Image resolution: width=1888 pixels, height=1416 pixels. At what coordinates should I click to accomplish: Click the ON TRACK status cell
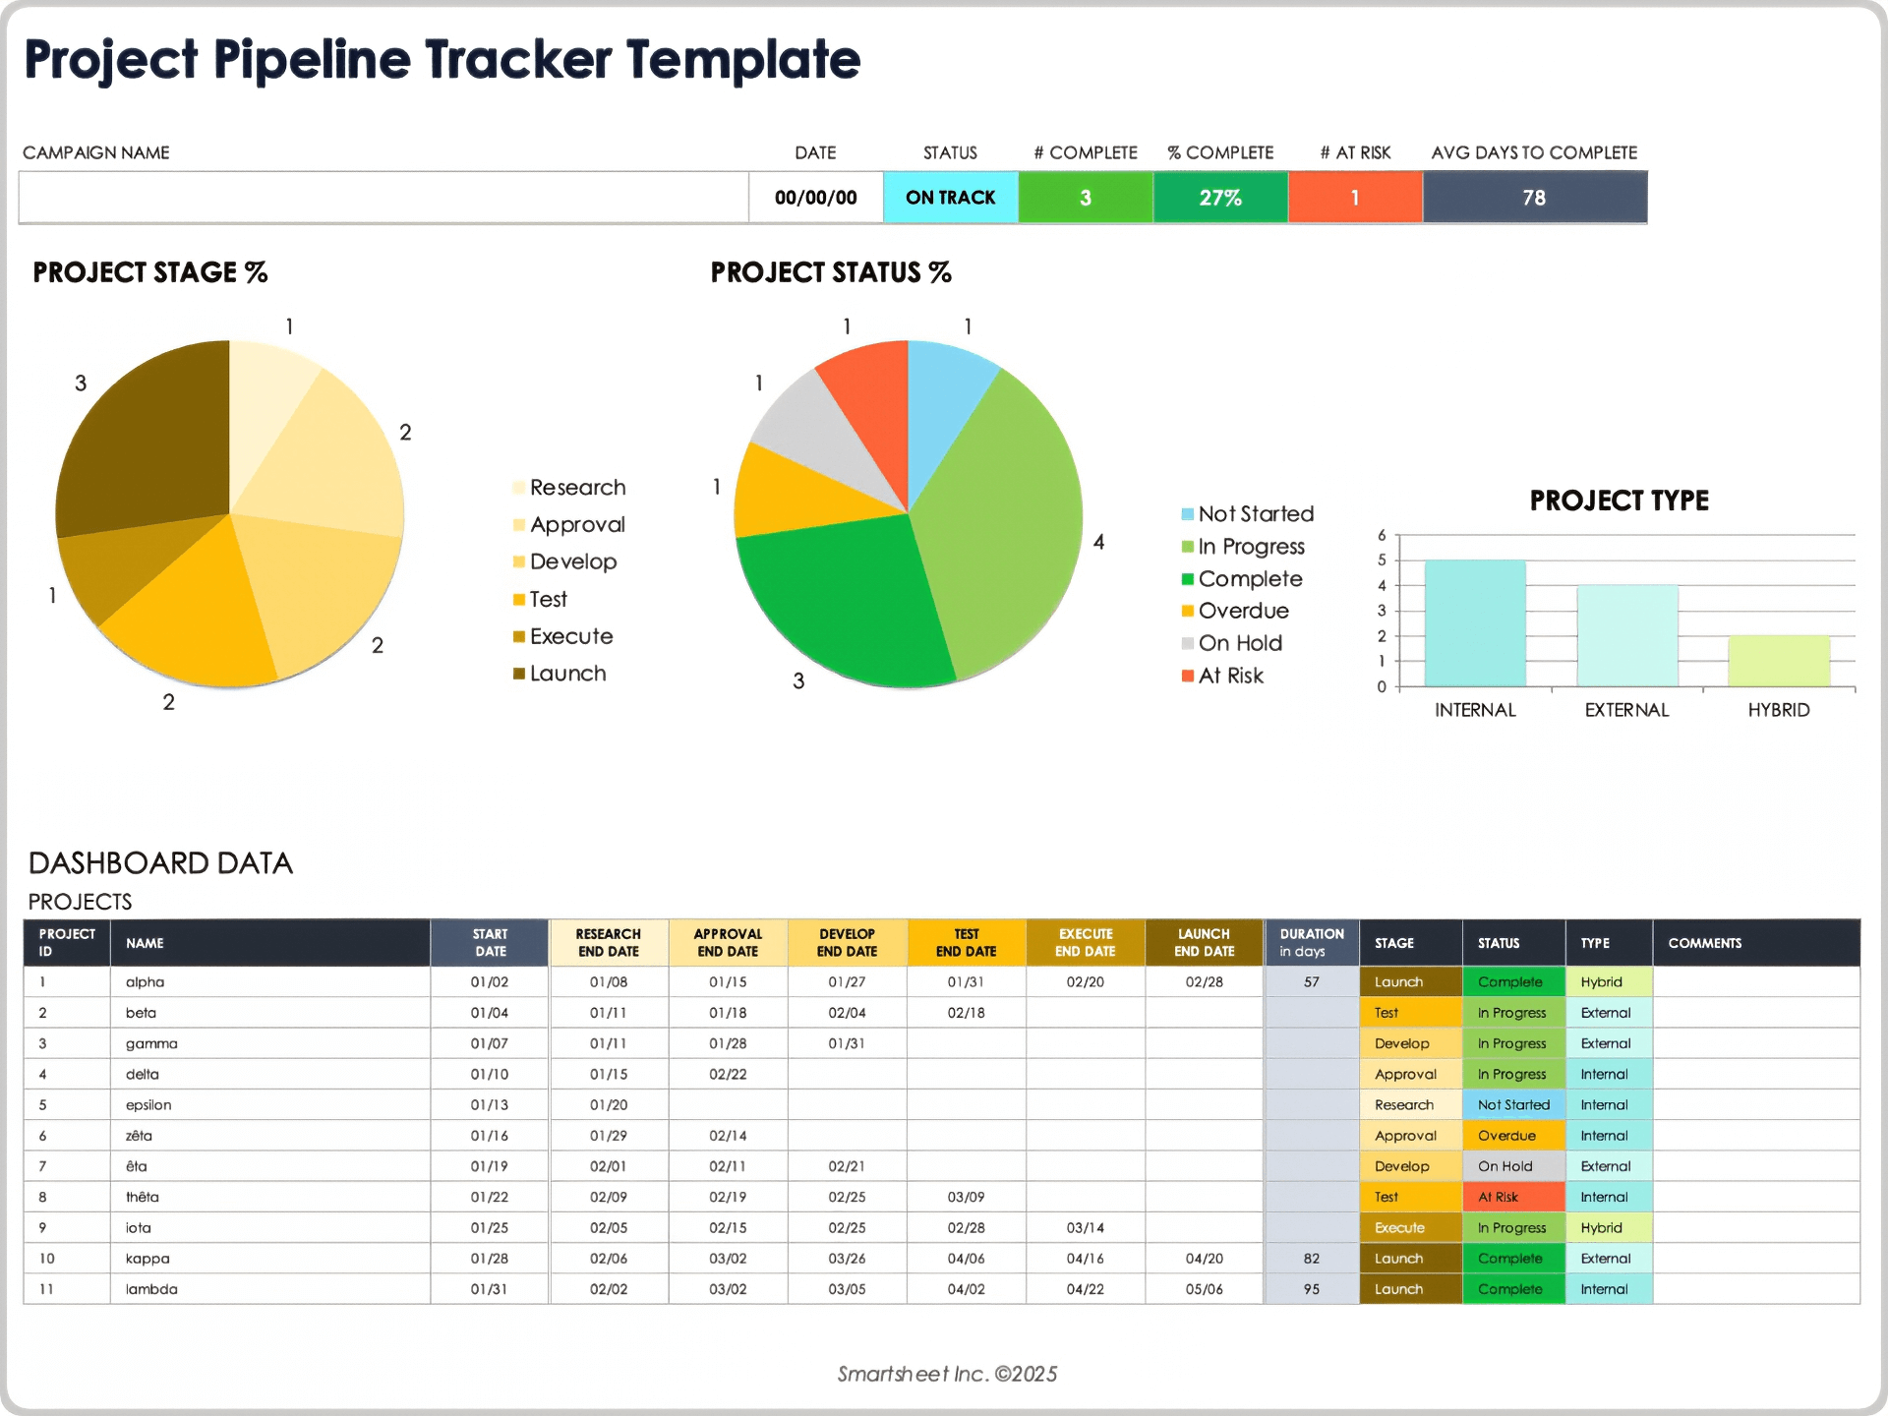950,198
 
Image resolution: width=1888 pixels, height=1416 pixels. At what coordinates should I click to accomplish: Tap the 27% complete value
1219,198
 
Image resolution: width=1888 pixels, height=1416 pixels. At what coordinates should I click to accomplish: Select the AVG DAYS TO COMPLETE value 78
1534,198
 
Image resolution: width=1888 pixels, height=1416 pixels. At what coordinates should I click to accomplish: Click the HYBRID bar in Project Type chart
1778,661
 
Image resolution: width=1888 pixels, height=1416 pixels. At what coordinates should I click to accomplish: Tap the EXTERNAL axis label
1626,710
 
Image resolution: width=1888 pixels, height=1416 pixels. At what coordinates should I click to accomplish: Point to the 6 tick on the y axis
1382,535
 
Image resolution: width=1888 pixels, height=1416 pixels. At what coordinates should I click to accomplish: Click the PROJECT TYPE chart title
1619,501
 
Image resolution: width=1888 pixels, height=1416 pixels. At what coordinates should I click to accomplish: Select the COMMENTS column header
1704,943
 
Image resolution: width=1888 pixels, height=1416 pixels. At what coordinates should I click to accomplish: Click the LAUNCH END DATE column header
1204,942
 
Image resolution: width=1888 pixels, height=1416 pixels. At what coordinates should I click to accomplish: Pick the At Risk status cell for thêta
1512,1197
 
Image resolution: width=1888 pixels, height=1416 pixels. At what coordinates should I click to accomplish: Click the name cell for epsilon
148,1104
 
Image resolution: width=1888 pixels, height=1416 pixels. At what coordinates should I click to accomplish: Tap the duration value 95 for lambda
1311,1289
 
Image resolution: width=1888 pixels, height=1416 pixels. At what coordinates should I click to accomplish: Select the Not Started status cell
1512,1104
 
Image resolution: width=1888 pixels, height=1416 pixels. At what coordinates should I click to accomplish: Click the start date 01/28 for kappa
489,1259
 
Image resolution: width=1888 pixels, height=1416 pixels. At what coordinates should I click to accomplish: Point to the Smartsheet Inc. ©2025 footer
947,1374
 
